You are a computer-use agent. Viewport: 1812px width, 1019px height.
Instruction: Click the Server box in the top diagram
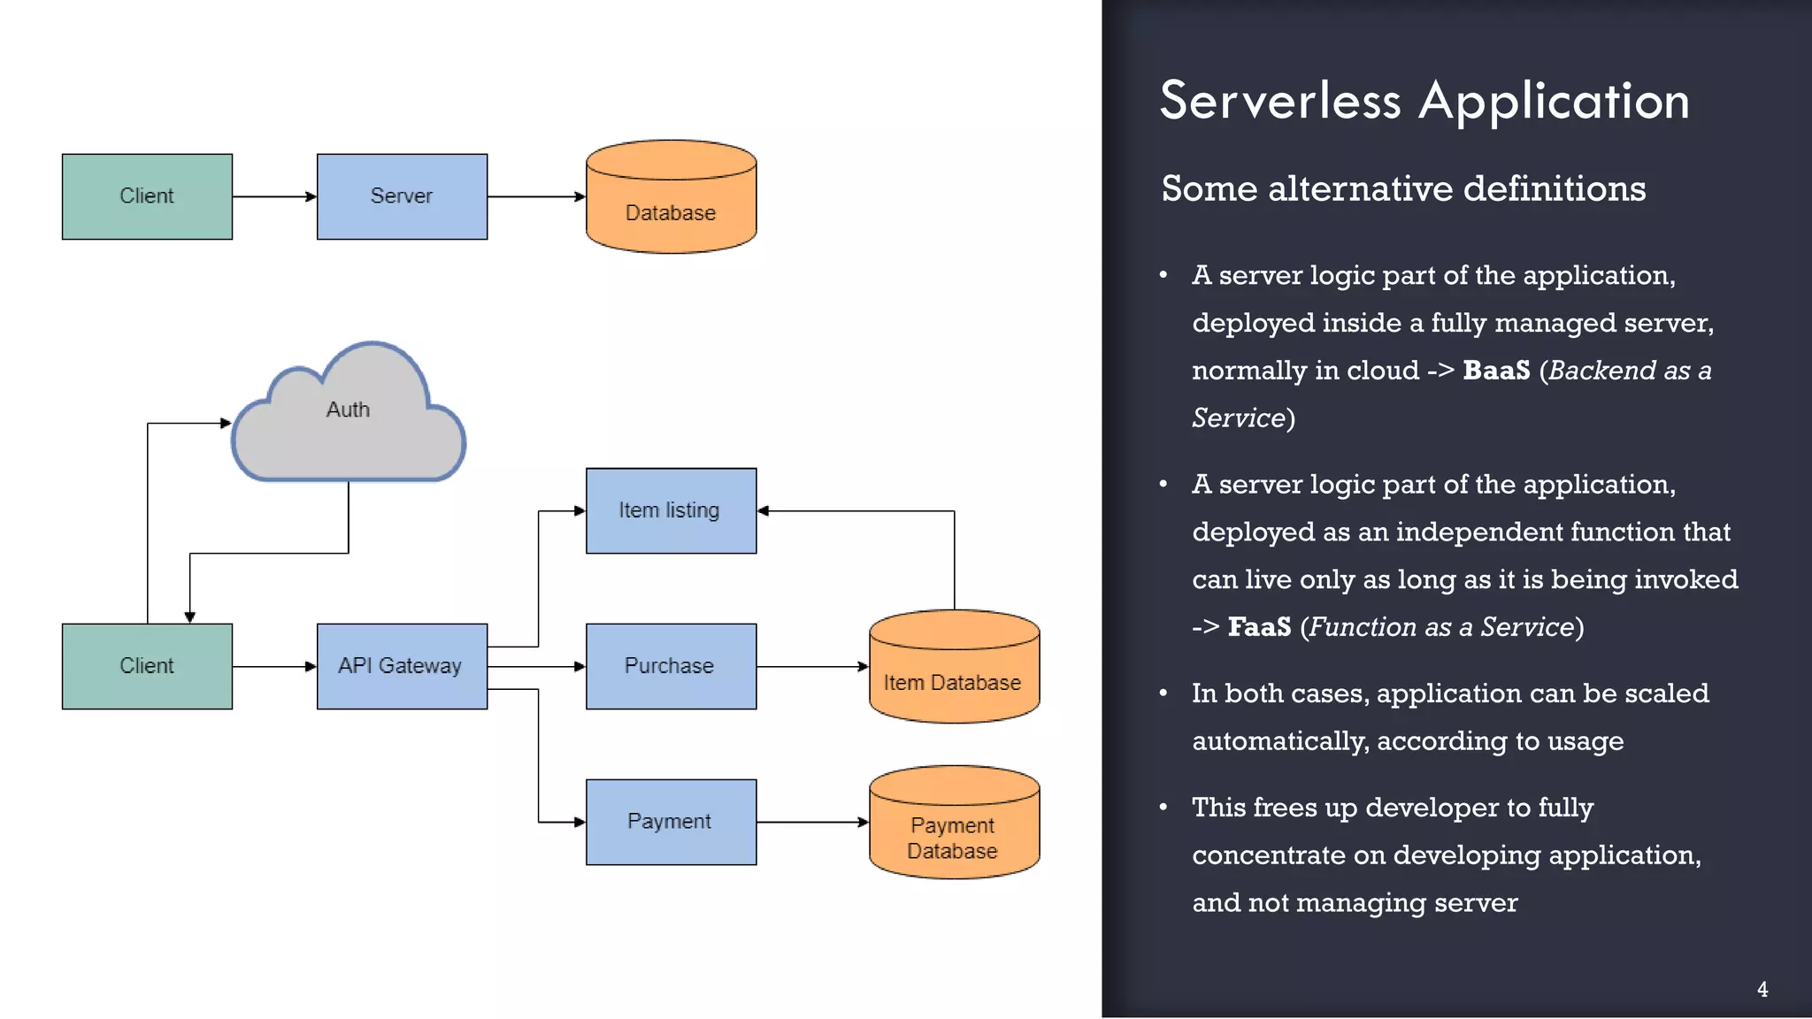pos(402,196)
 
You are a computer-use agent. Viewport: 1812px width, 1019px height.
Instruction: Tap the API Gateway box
pos(402,666)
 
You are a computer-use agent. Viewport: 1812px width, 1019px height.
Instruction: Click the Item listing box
pos(671,510)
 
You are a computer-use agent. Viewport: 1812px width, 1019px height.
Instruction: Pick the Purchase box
pos(671,666)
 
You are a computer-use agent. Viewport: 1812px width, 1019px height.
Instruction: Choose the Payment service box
pos(671,822)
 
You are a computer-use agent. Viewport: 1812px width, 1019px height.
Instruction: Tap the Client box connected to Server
pos(147,196)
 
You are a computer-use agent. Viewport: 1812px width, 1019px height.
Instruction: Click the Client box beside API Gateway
pos(147,666)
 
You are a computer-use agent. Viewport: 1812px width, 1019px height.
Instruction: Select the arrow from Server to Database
pos(535,196)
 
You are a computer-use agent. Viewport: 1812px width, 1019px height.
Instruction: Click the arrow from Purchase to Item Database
pos(811,666)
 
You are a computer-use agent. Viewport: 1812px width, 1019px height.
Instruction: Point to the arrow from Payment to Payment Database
pos(811,822)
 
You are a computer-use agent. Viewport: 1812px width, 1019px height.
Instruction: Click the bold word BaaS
pos(1495,371)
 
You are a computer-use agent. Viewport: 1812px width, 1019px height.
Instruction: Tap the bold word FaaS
pos(1258,627)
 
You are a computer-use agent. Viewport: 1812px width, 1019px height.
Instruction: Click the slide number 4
pos(1762,990)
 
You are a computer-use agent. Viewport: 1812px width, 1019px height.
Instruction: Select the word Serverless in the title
pos(1279,101)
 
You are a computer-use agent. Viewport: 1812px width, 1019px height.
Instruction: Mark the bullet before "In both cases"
pos(1163,693)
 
